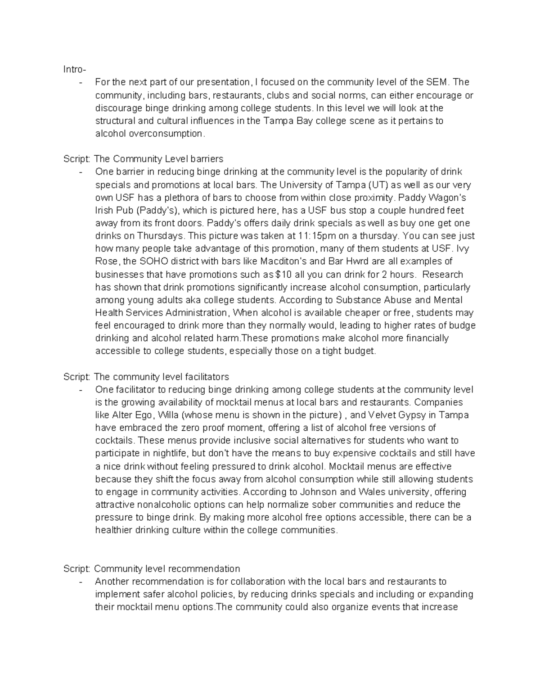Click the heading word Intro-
(x=74, y=69)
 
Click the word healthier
(x=115, y=530)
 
